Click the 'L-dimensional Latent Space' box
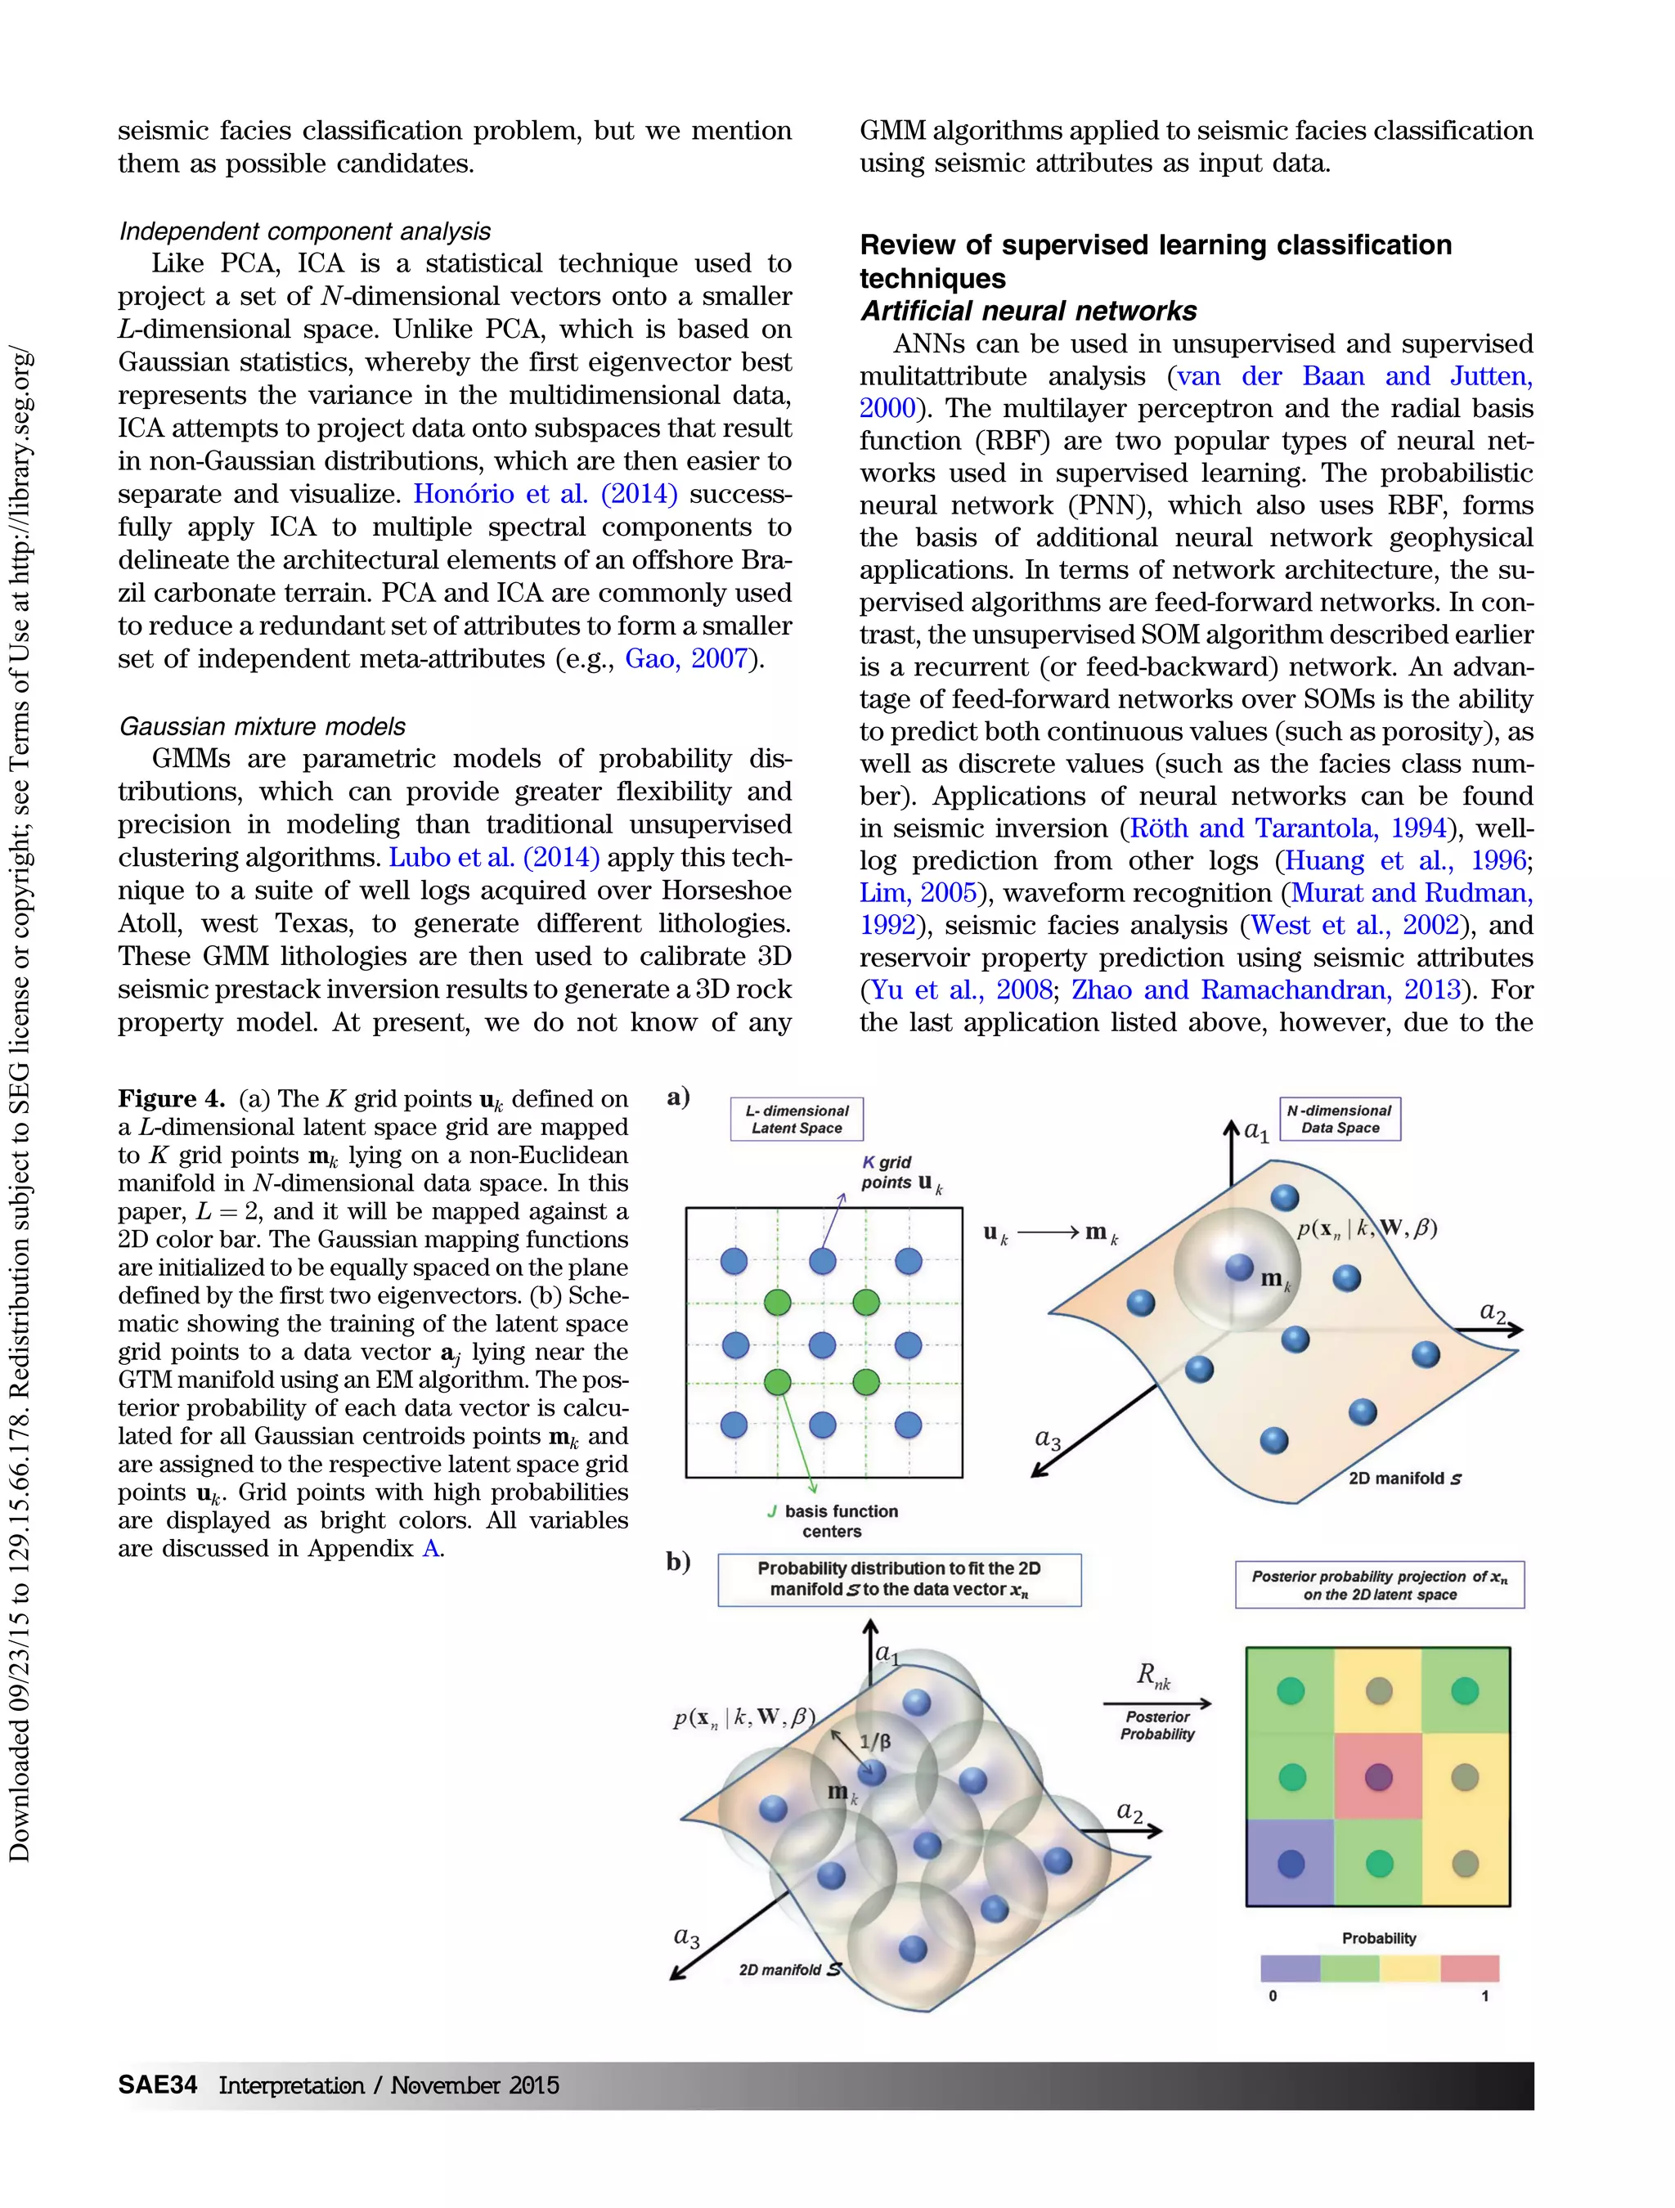(x=797, y=1118)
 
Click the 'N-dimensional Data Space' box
(x=1340, y=1118)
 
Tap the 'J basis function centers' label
(x=833, y=1520)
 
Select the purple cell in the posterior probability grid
(x=1290, y=1863)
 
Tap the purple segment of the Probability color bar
(x=1290, y=1968)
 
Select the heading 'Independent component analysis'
(x=304, y=231)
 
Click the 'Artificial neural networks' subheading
(x=1028, y=311)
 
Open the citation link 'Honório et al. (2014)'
(x=545, y=493)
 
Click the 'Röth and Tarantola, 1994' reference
(x=1287, y=828)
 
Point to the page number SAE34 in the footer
(x=157, y=2085)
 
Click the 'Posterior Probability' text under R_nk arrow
(x=1157, y=1725)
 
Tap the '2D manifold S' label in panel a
(x=1404, y=1479)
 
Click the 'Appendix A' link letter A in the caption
(x=430, y=1548)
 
